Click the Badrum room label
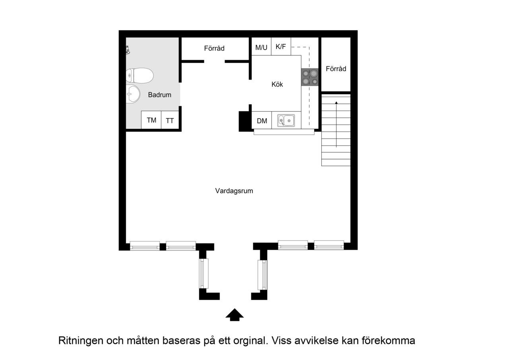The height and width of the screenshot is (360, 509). [159, 95]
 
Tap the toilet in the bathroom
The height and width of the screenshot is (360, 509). [140, 76]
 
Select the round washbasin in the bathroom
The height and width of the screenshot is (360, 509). [133, 94]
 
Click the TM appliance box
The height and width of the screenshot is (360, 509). [151, 120]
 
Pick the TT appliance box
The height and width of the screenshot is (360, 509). [170, 120]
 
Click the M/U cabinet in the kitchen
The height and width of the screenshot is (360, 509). [261, 47]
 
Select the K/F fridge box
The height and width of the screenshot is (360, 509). [281, 47]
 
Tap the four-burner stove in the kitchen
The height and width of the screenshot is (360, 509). [310, 77]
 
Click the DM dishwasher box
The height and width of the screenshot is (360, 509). [262, 121]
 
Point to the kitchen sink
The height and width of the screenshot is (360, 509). [286, 121]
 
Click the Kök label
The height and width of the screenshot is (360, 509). [277, 84]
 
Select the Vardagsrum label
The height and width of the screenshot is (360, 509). [234, 191]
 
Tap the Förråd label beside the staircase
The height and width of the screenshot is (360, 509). [336, 69]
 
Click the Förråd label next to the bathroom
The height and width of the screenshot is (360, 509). [214, 48]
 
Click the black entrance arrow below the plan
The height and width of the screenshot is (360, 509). [235, 315]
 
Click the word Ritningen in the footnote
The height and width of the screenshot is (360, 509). [81, 341]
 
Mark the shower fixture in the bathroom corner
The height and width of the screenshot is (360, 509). [128, 50]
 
